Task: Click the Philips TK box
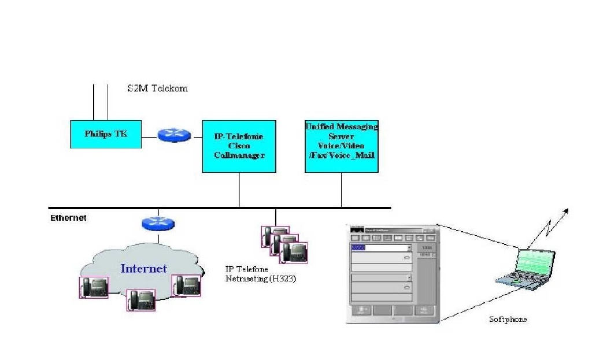click(x=106, y=134)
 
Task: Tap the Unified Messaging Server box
click(x=341, y=146)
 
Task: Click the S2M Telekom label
click(x=157, y=88)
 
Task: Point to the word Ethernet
click(x=68, y=218)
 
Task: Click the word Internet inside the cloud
click(x=143, y=268)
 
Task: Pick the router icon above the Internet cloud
click(x=158, y=224)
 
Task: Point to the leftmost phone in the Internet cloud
click(x=93, y=287)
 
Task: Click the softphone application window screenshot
click(x=392, y=272)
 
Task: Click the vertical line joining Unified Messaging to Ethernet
click(x=341, y=190)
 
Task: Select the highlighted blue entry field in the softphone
click(x=359, y=247)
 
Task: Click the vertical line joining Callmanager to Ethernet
click(x=239, y=190)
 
